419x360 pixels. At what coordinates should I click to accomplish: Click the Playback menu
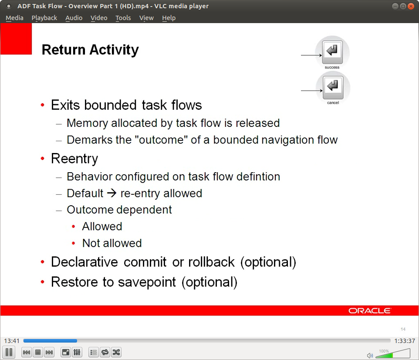pos(44,18)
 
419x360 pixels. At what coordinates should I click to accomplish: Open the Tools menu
pos(123,18)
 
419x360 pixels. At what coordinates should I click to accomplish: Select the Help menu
pos(169,18)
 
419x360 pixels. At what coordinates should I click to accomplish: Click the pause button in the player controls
pos(9,352)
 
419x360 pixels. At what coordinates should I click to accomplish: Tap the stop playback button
pos(38,352)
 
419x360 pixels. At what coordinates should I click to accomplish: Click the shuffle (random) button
pos(116,352)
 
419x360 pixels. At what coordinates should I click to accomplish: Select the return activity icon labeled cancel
pos(333,87)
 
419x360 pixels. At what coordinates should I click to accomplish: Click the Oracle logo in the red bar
pos(370,311)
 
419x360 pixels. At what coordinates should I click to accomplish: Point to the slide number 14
pos(403,329)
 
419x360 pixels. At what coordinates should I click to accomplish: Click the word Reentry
pos(74,159)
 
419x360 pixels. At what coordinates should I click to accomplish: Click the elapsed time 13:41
pos(12,341)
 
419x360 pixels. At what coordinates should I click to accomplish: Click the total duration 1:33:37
pos(405,341)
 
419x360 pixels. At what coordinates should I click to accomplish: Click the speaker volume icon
pos(370,355)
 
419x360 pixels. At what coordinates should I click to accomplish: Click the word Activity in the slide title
pos(114,50)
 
